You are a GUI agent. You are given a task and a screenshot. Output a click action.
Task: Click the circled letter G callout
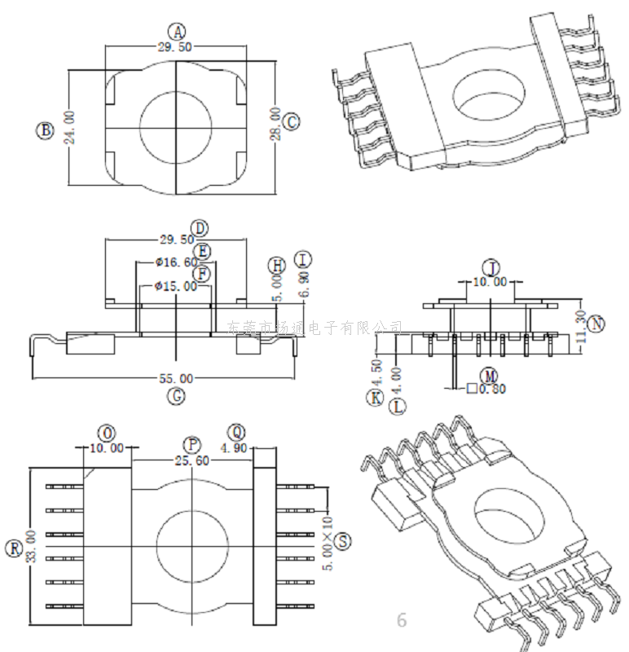(175, 397)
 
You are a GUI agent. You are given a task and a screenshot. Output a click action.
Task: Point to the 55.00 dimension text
(175, 379)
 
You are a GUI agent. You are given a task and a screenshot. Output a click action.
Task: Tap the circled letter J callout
(490, 267)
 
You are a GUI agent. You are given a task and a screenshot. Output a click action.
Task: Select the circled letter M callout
(489, 375)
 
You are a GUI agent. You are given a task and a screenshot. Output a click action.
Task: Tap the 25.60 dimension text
(192, 460)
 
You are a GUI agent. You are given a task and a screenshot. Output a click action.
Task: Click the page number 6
(401, 619)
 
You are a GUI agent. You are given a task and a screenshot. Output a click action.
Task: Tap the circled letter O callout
(106, 432)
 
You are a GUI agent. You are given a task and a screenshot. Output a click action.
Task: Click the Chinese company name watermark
(314, 328)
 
